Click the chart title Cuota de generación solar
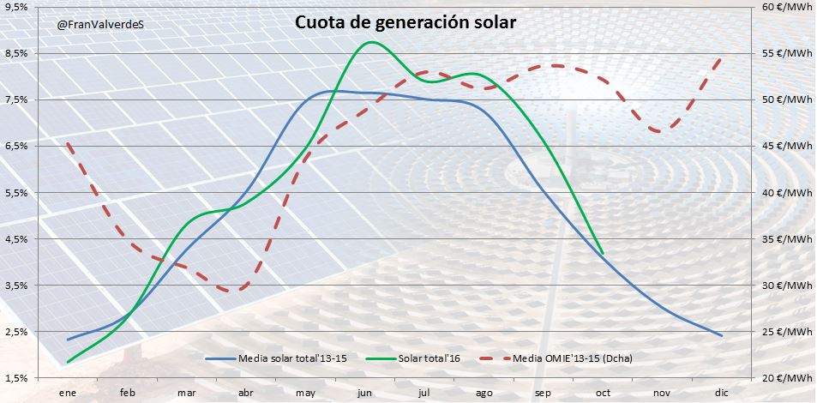click(405, 23)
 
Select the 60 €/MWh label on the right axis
click(784, 7)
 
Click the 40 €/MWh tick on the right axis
click(784, 192)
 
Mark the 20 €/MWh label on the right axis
click(784, 377)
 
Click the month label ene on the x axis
click(67, 392)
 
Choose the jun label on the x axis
click(363, 392)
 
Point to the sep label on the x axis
click(542, 392)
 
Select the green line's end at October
click(603, 253)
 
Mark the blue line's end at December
click(721, 335)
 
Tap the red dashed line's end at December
click(721, 57)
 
